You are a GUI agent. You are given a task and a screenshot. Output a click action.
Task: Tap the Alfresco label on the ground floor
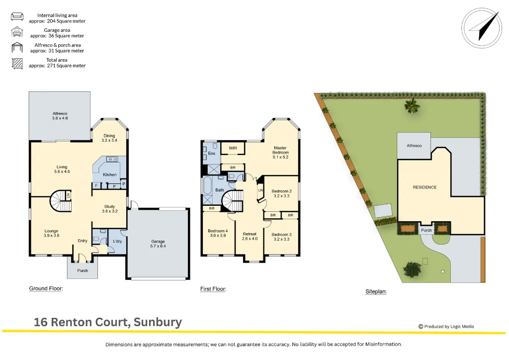60,116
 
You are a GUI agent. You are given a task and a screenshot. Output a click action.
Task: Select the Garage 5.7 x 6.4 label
158,244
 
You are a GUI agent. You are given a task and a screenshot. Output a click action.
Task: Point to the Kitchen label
110,175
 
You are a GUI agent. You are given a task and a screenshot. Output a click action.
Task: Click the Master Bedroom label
280,152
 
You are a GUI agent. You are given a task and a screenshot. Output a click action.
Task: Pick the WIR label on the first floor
233,148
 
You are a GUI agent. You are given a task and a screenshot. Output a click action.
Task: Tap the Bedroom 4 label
218,233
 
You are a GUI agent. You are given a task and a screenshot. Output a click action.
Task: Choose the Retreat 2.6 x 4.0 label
250,236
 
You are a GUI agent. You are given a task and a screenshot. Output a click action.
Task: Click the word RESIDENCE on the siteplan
424,187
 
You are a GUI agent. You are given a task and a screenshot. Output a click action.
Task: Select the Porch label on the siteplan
426,230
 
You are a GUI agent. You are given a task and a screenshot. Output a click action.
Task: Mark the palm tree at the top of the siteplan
411,105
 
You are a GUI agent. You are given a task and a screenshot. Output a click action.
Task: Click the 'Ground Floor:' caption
46,288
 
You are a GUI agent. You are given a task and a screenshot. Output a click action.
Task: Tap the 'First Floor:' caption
213,289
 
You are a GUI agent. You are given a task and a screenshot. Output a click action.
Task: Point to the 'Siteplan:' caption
376,292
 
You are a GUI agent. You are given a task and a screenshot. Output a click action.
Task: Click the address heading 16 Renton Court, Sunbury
108,322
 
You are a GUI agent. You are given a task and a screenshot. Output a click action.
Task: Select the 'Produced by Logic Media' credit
446,327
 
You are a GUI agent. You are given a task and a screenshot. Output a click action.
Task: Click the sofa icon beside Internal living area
17,17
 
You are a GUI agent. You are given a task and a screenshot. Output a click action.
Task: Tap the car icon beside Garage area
17,33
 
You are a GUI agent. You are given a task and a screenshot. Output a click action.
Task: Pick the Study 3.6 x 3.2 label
109,209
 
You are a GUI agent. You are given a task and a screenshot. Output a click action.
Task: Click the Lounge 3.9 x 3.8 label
51,233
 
